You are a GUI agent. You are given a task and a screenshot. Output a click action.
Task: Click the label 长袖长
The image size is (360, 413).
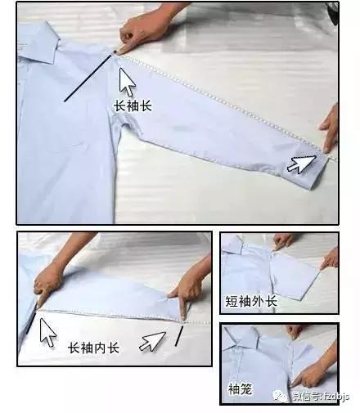pos(133,105)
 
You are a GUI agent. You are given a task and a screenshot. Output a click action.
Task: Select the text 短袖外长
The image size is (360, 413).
pos(251,302)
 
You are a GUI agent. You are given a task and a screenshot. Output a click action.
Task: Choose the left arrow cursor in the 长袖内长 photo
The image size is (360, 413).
pos(47,331)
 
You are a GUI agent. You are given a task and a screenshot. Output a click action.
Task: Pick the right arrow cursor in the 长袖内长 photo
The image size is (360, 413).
pos(152,339)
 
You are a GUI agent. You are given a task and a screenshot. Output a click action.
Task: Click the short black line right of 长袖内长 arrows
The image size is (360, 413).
pos(178,335)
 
